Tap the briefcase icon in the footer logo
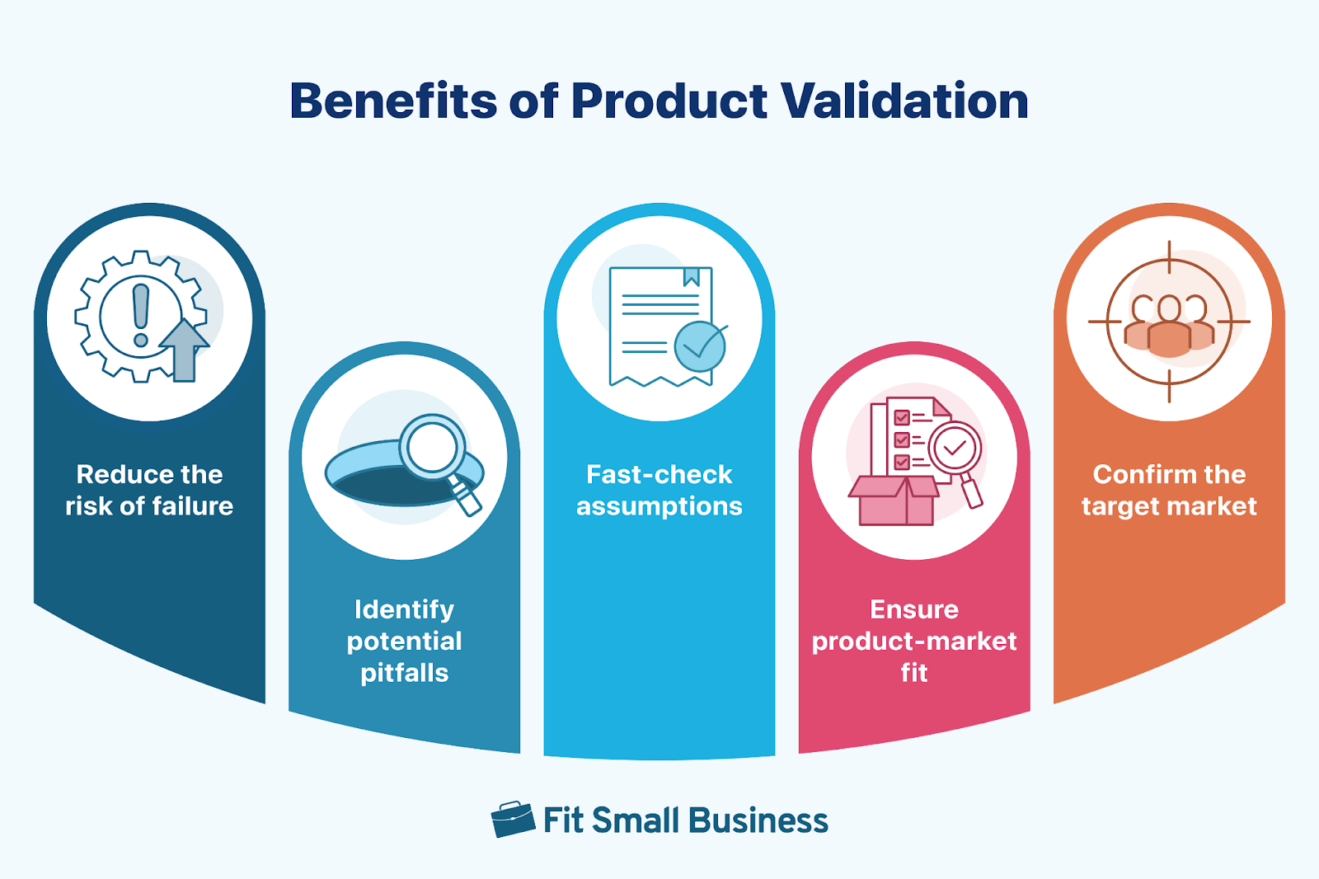pos(513,820)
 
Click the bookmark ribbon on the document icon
pos(692,277)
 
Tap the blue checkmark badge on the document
pos(700,346)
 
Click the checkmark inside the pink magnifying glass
pos(955,448)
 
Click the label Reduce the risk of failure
pos(149,490)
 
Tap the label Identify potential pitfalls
pos(404,641)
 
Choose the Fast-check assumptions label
pos(659,490)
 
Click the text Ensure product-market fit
pos(914,641)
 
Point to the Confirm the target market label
pos(1169,490)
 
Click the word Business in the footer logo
pos(758,820)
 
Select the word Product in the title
pos(669,101)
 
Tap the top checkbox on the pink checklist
pos(902,418)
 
